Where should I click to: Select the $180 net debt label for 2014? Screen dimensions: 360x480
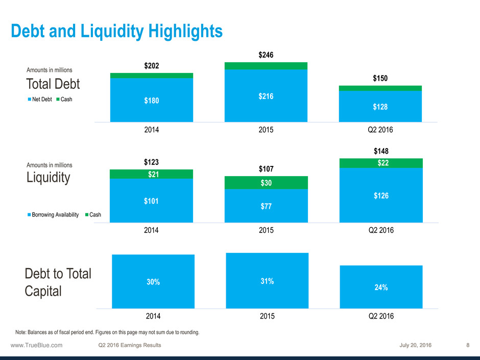point(152,101)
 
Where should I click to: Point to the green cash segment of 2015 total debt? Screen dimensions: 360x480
point(266,66)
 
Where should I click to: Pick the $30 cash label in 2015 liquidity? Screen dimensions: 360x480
point(266,183)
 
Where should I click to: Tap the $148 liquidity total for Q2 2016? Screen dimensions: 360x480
point(380,151)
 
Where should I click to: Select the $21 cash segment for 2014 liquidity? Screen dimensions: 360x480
point(152,174)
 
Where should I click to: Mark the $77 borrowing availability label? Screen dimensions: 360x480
point(266,206)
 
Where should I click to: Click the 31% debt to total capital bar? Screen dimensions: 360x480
point(266,281)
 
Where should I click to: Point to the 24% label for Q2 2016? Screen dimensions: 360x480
point(380,287)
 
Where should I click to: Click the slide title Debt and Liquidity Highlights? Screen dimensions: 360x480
point(117,31)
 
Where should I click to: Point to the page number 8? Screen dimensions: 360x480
point(468,346)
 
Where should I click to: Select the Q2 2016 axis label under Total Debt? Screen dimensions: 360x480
point(380,130)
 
